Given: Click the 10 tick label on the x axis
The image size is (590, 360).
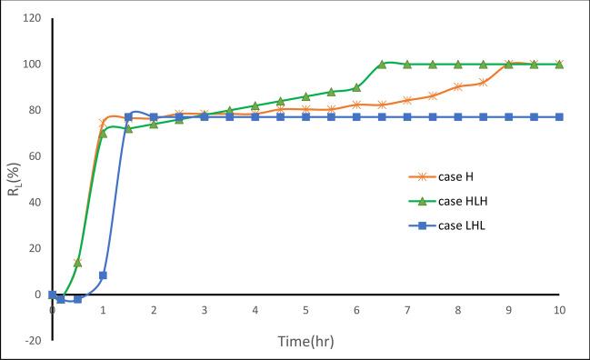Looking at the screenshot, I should tap(559, 310).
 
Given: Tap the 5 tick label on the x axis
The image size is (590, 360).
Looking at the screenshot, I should tap(305, 310).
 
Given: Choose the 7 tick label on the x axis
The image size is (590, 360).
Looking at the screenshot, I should tap(407, 310).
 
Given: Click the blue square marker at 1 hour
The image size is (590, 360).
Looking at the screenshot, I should tap(103, 275).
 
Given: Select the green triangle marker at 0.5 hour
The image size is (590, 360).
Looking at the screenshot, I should tap(77, 262).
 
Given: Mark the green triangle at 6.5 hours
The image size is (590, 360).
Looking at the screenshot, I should tap(382, 65).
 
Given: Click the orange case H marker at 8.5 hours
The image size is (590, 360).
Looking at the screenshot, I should tap(484, 83).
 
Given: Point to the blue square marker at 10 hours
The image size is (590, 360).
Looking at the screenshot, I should tap(559, 117).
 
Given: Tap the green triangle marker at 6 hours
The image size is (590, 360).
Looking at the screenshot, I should tap(356, 87).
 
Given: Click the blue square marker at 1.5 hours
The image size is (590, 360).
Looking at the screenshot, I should tap(128, 117).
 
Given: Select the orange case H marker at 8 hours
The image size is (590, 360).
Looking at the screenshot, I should tap(458, 86).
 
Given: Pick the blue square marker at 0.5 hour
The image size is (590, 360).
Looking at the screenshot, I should tap(77, 298).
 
